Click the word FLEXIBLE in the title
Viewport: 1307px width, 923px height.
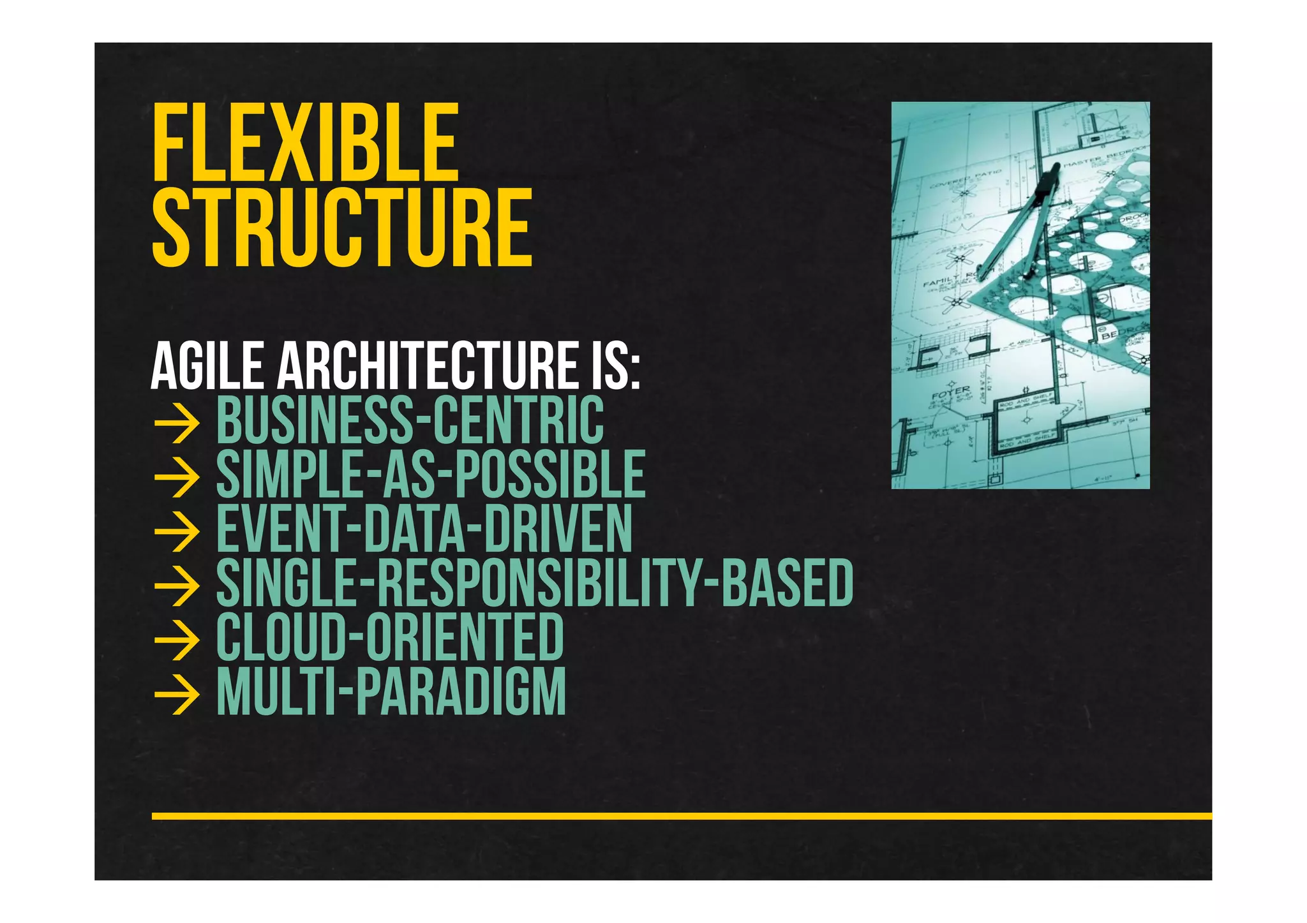click(305, 143)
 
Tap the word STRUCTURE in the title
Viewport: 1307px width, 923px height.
click(342, 228)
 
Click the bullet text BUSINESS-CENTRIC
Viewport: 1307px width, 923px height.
click(410, 420)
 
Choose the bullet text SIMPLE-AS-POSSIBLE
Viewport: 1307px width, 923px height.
click(431, 474)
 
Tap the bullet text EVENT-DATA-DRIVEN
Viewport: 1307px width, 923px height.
click(424, 528)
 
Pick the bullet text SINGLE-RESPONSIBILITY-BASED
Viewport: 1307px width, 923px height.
click(535, 582)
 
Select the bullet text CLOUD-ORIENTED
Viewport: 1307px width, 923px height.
click(390, 637)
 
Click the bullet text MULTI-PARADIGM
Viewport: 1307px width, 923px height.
click(391, 691)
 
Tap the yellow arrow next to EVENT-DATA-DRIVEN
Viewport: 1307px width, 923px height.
click(177, 531)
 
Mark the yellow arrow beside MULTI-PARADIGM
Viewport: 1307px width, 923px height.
click(177, 694)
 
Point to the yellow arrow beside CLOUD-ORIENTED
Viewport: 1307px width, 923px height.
click(177, 640)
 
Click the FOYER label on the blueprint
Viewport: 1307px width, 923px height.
click(951, 393)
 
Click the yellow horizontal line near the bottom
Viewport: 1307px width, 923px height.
click(682, 816)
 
